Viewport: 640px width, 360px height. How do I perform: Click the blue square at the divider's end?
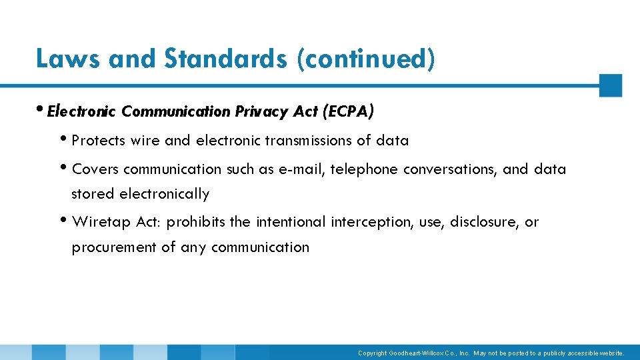coord(610,85)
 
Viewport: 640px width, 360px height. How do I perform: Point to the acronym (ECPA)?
coord(347,111)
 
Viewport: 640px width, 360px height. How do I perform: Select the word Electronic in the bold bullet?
coord(82,111)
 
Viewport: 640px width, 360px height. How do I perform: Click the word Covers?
coord(95,169)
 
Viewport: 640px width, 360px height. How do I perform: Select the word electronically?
coord(164,194)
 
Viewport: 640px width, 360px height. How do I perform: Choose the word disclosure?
coord(483,222)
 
